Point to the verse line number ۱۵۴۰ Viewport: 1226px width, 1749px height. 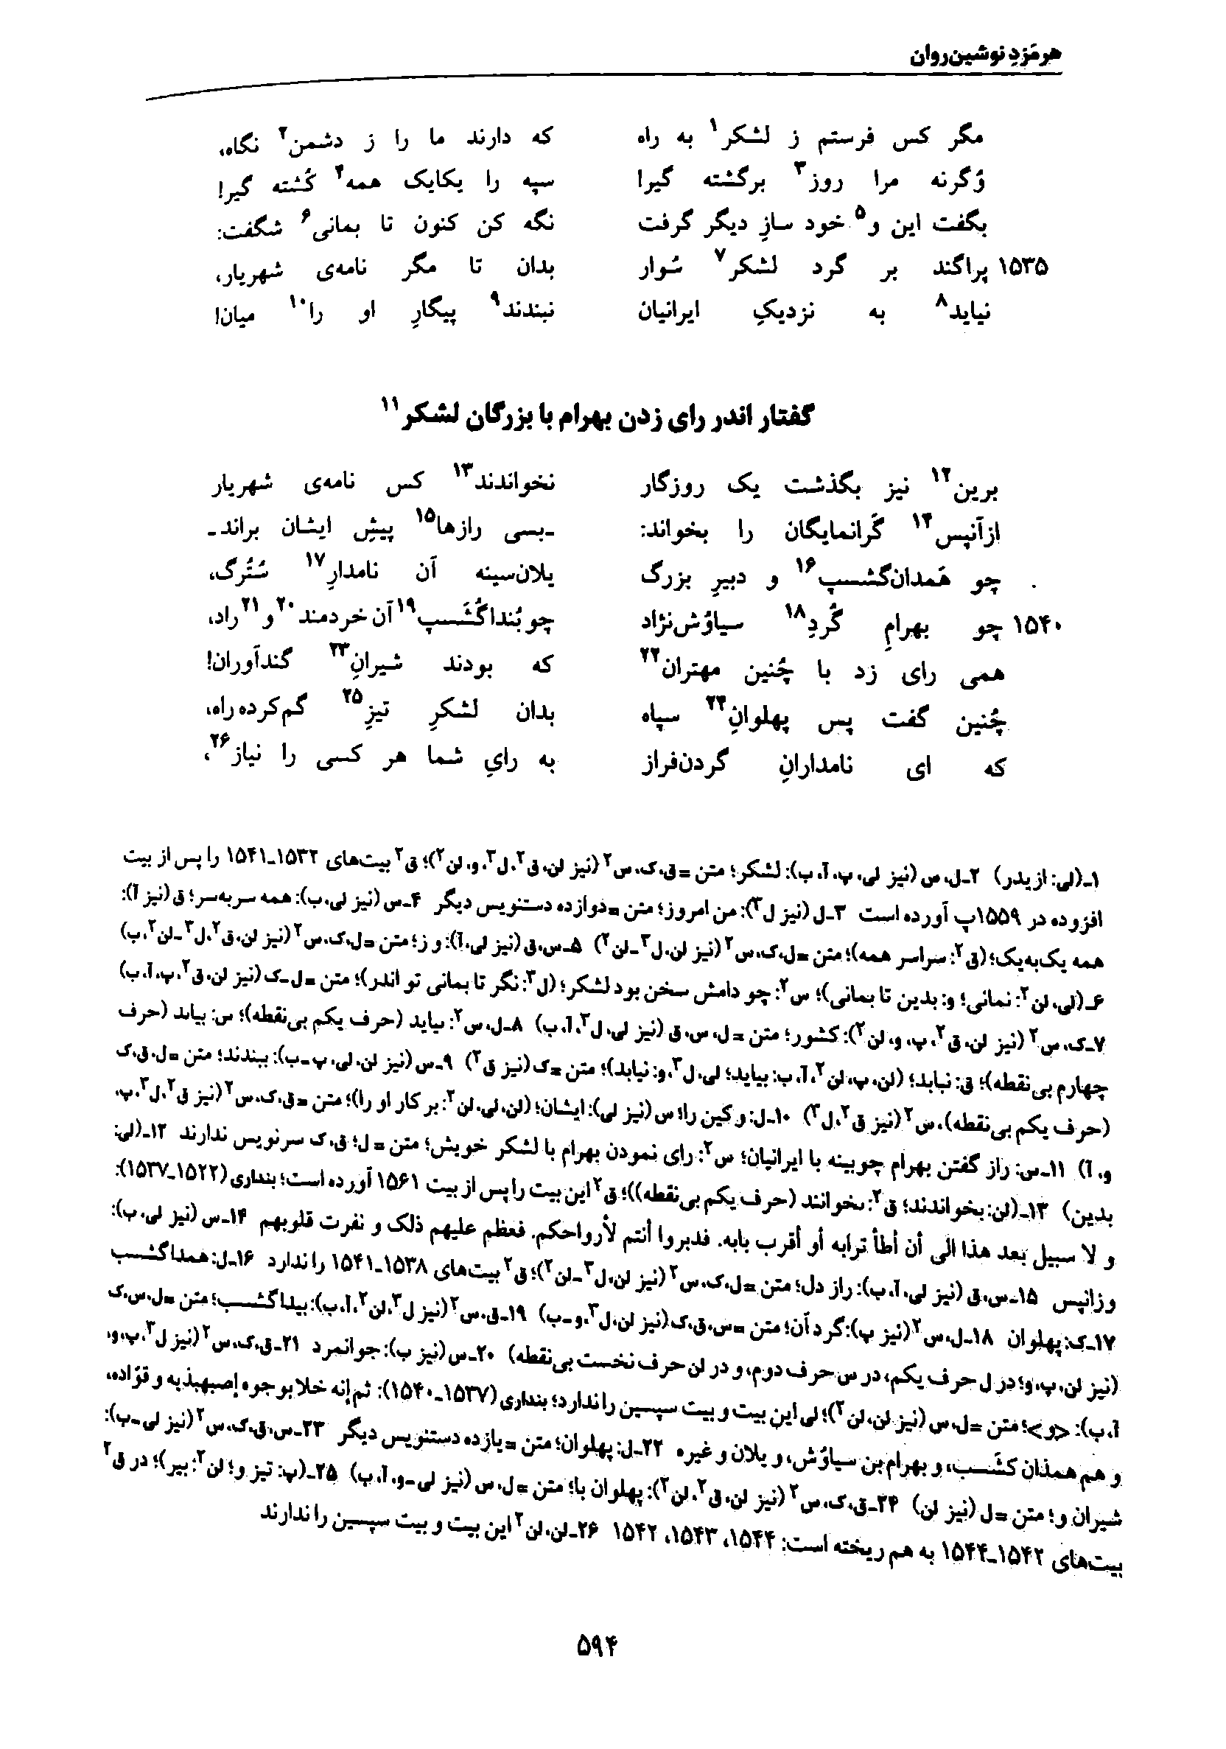(1036, 626)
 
